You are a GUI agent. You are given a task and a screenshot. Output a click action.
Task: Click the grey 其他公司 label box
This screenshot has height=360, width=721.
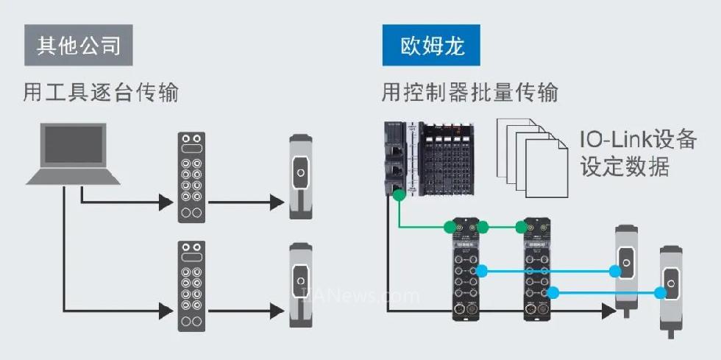[78, 46]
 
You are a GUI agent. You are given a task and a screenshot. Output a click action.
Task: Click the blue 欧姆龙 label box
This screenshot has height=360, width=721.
[433, 46]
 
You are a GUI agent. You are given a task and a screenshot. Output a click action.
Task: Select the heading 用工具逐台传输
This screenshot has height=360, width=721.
[101, 93]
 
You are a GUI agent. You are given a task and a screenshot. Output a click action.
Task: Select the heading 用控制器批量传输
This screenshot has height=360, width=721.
[469, 93]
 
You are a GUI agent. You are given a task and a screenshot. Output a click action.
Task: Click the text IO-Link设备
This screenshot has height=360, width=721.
[637, 138]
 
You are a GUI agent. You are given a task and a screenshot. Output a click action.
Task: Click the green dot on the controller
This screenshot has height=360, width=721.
[398, 196]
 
